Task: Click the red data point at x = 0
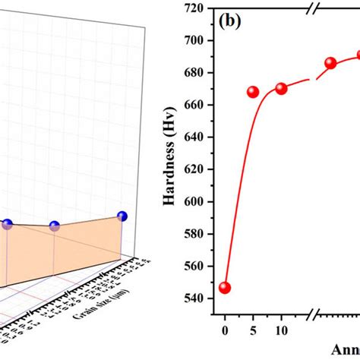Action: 224,288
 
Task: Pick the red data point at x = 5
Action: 253,92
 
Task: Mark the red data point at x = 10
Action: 281,88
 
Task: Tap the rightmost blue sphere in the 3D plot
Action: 122,216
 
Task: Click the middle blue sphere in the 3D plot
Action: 54,226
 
